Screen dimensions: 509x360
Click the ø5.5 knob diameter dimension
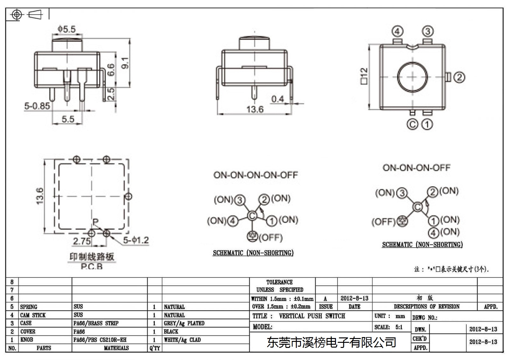coord(66,29)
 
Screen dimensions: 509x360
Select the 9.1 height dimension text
coord(125,63)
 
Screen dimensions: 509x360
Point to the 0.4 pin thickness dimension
coord(278,99)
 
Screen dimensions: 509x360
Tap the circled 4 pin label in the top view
coord(397,32)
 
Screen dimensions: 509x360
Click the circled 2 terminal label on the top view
coord(459,77)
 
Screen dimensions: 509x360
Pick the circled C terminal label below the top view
coord(412,124)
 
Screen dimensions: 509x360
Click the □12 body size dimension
coord(364,76)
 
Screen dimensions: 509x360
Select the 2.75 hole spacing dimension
coord(82,241)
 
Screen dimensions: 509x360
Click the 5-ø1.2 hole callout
coord(136,240)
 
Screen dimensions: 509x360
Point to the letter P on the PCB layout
coord(95,222)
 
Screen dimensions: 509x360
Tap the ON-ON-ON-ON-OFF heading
coord(256,175)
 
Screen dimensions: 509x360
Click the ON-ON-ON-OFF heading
coord(416,168)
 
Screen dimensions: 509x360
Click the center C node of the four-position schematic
coord(417,207)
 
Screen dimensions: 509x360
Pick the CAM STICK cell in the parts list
coord(33,315)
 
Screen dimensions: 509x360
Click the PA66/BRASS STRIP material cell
coord(96,323)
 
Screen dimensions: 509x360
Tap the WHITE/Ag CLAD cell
coord(182,340)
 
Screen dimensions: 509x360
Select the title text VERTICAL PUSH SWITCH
coord(312,316)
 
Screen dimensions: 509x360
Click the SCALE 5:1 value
coord(399,327)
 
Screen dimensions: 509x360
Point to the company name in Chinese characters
coord(331,342)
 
